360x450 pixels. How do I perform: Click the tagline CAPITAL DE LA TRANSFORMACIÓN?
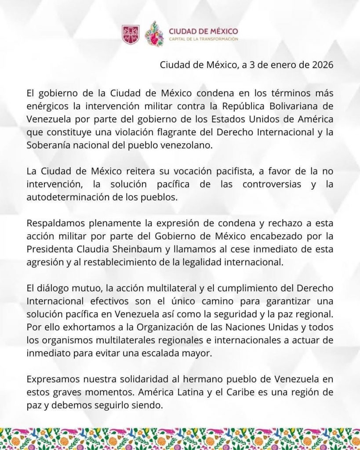204,39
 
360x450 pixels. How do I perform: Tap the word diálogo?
51,287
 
